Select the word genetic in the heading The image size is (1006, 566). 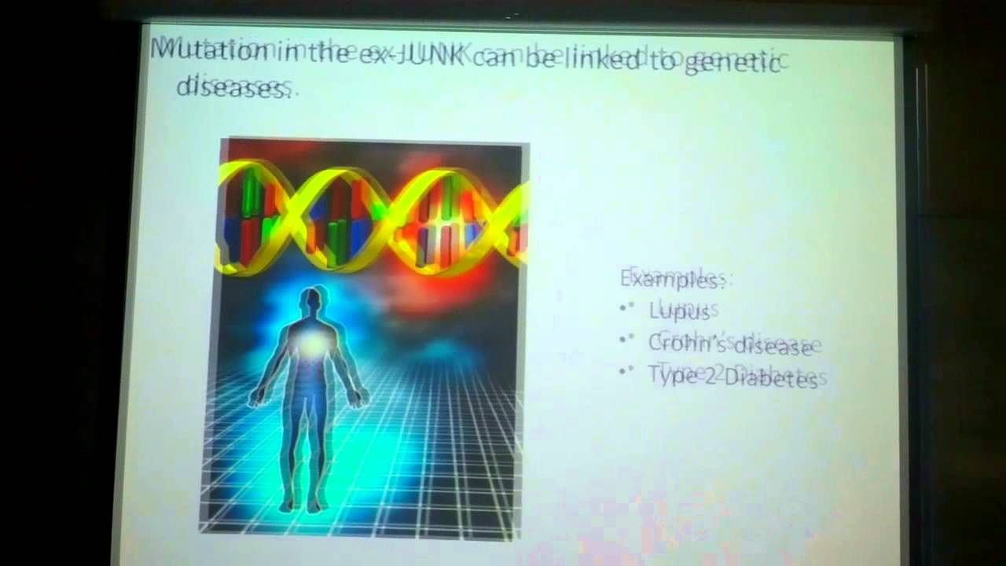732,63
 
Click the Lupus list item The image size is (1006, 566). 679,311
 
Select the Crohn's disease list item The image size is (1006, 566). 729,344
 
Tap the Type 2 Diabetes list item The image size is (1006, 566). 732,378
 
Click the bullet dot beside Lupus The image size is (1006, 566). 626,308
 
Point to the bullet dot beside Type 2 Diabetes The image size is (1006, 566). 626,370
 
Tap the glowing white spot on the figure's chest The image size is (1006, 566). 313,343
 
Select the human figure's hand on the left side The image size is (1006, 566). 255,399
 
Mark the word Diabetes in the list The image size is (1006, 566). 771,379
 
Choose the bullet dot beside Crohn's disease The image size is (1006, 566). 626,340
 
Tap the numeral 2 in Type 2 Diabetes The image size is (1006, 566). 710,377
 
